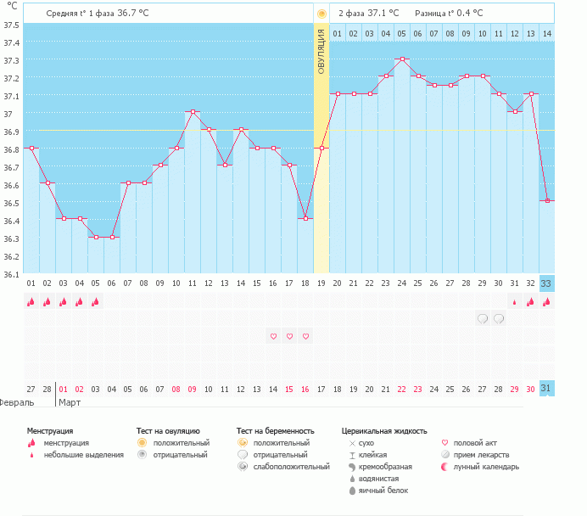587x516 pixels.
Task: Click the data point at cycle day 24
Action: tap(402, 59)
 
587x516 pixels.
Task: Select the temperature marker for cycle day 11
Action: tap(193, 111)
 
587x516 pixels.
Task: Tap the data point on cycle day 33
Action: tap(547, 200)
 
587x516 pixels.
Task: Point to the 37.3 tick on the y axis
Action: tap(12, 60)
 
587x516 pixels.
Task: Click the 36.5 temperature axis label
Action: tap(12, 203)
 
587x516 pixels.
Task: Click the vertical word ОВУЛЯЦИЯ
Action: tap(321, 52)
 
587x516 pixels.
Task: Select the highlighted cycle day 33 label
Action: tap(546, 283)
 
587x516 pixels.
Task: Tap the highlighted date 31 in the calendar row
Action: tap(546, 389)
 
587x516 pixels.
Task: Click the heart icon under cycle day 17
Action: tap(289, 336)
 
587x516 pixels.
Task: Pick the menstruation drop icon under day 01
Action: tap(31, 301)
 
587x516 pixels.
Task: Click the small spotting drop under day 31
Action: tap(514, 302)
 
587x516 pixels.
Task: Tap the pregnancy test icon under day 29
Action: tap(483, 318)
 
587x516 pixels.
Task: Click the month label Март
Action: tap(70, 402)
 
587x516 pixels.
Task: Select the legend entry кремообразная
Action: tap(385, 467)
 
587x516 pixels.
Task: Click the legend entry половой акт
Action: tap(475, 443)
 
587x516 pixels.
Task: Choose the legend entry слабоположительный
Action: tap(291, 467)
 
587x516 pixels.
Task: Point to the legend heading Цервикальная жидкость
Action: tap(384, 431)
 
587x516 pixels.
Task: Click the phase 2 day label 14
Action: tap(547, 34)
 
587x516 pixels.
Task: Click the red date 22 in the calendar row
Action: tap(402, 390)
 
